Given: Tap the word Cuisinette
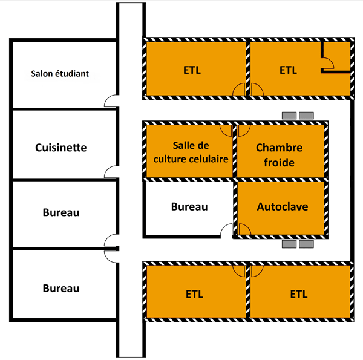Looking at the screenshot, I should coord(60,147).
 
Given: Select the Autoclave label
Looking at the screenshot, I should coord(283,207).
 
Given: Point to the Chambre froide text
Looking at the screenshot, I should coord(279,155).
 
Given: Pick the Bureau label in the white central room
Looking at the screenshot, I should coord(189,207).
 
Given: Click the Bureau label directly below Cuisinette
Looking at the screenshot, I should coord(61,213).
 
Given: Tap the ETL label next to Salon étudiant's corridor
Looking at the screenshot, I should coord(192,70).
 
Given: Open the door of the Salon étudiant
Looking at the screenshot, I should coord(111,101).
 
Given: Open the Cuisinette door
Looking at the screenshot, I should coord(111,171).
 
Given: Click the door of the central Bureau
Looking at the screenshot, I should coord(226,231).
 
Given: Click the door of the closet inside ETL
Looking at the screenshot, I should coord(327,62).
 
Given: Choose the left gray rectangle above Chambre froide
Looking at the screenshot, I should coord(288,114).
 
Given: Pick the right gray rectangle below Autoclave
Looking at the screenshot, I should coord(307,244).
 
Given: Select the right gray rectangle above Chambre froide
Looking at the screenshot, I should coord(307,114).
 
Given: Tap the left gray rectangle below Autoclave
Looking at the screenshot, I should coord(289,244).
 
